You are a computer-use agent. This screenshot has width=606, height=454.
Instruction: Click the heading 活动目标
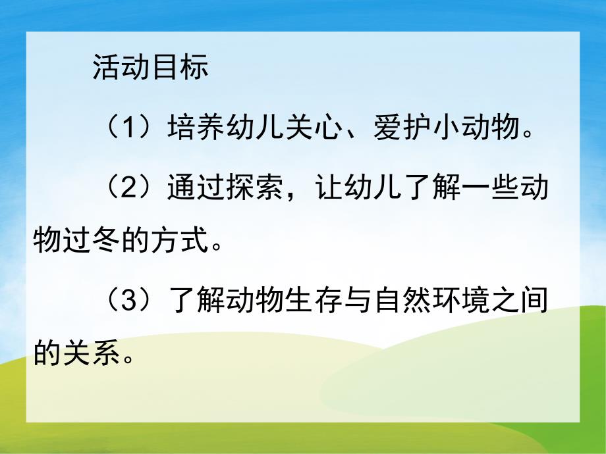click(150, 67)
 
